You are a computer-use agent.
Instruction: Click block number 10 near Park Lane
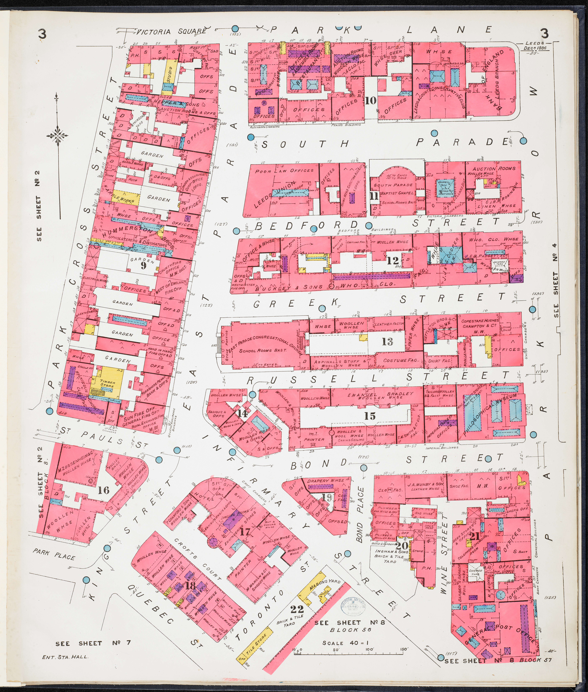(x=371, y=100)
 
